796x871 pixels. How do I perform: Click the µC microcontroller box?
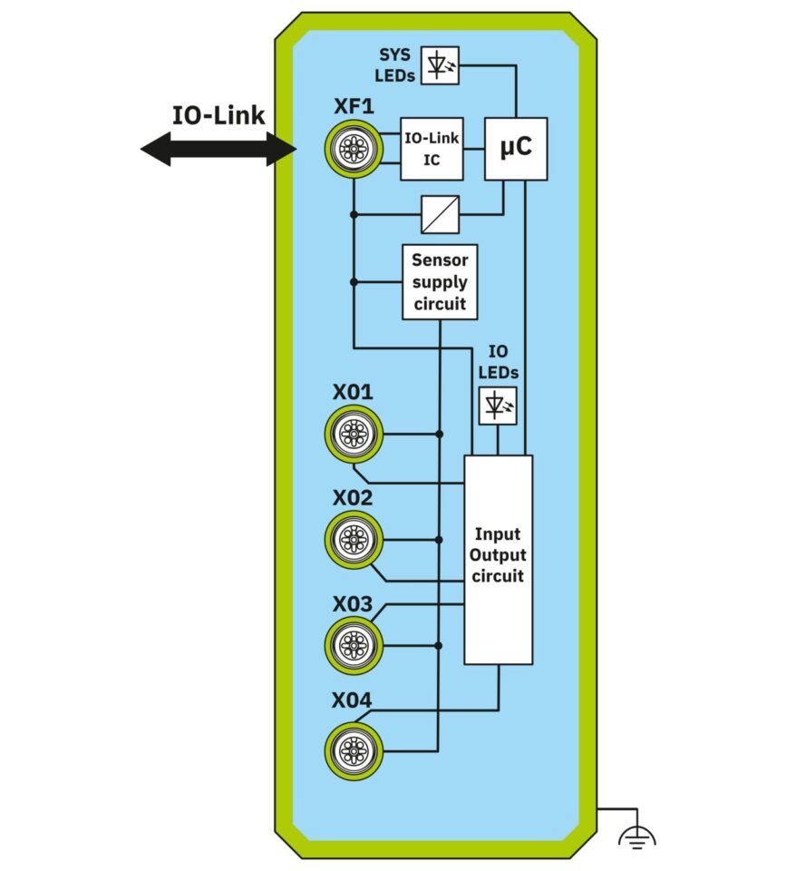click(516, 149)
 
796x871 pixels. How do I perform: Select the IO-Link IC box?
click(432, 149)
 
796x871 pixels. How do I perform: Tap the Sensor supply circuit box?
click(440, 282)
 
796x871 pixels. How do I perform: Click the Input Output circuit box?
click(498, 559)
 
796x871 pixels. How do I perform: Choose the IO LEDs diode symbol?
click(498, 406)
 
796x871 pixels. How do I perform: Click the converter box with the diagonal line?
click(441, 214)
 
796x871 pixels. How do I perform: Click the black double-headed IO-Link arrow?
click(218, 149)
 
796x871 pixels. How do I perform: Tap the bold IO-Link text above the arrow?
click(218, 115)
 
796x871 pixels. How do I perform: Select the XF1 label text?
click(353, 107)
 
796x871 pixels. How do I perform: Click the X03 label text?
click(352, 603)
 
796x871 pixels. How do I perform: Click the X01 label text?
click(352, 393)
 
